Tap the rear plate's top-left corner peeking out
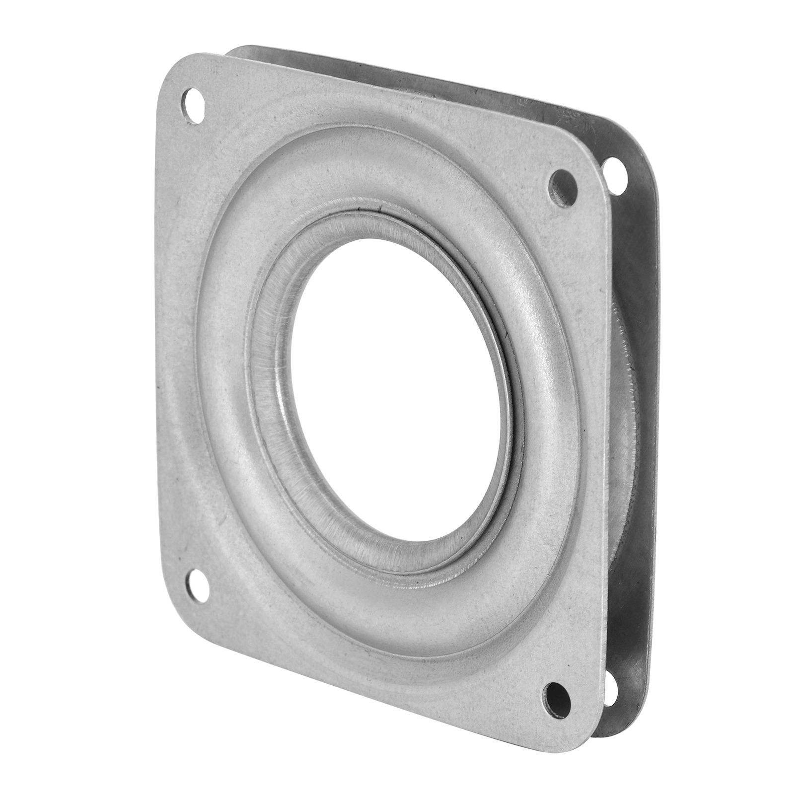[x=238, y=50]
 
